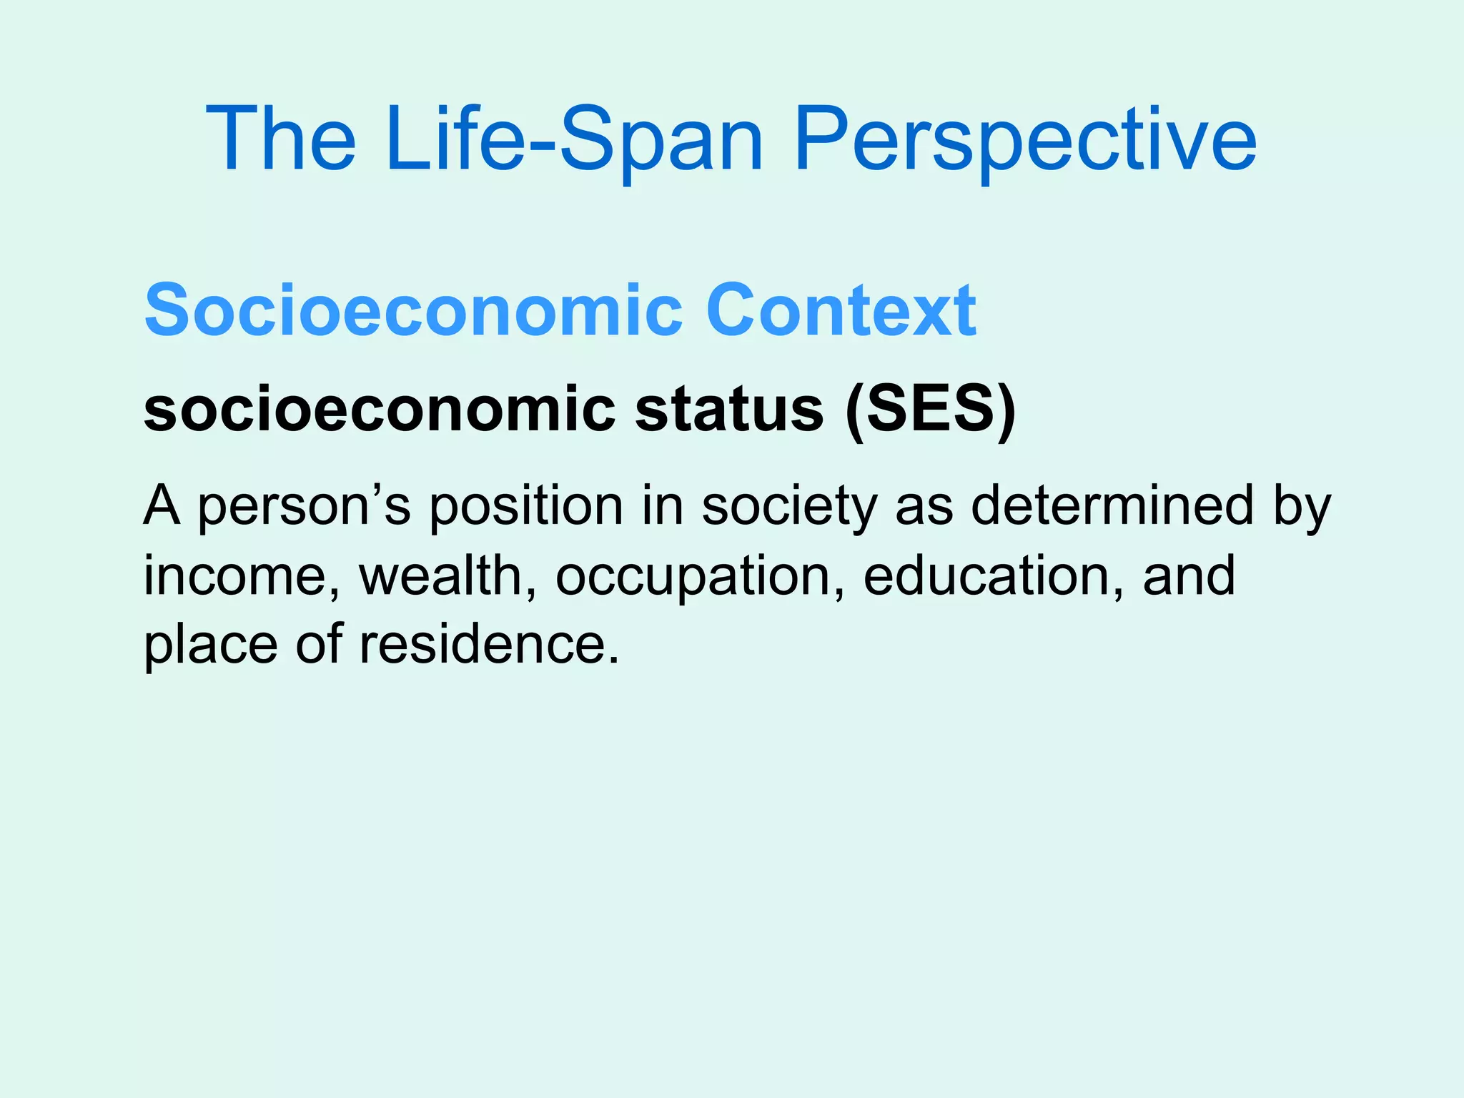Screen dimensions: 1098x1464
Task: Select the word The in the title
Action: click(x=280, y=139)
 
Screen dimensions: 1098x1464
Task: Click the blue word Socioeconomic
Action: click(x=414, y=310)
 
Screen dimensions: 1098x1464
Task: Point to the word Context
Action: click(x=841, y=310)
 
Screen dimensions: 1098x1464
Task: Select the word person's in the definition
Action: click(x=304, y=506)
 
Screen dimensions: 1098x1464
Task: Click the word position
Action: click(x=526, y=506)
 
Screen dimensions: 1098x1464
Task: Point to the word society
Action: click(x=788, y=506)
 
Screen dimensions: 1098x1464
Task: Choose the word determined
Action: click(x=1112, y=505)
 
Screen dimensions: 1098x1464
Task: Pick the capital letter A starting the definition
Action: click(x=162, y=505)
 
